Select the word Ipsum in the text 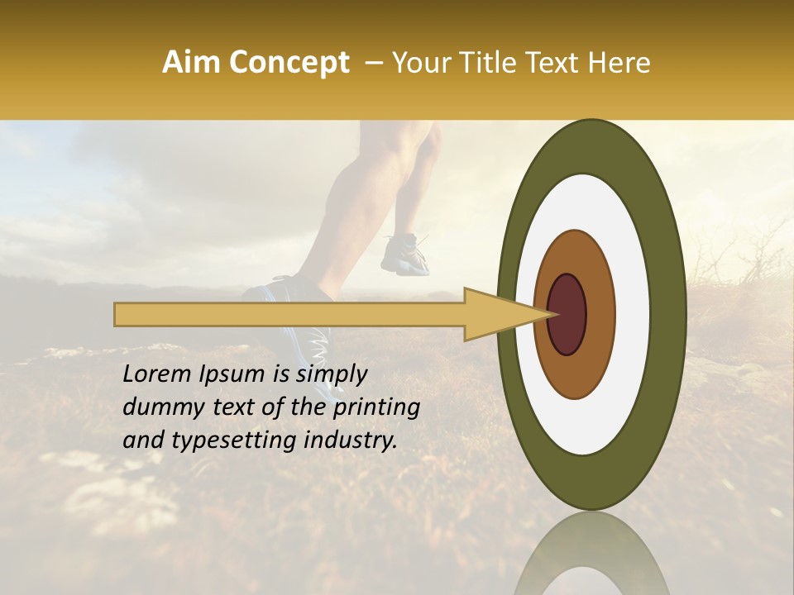(x=233, y=374)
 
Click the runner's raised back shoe (x=405, y=254)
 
